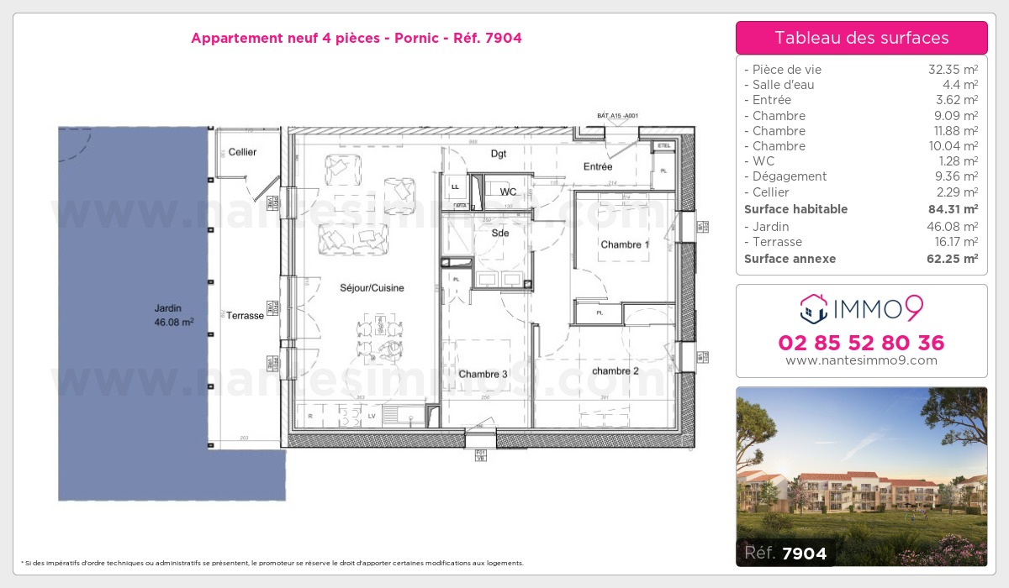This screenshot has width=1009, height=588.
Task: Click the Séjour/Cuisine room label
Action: tap(372, 288)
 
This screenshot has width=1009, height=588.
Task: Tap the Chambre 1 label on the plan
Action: tap(625, 244)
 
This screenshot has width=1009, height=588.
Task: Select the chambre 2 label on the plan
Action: tap(615, 370)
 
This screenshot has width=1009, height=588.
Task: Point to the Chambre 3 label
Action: tap(483, 374)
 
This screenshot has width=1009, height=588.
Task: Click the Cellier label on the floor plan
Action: tap(242, 152)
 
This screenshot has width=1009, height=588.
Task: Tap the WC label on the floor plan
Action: tap(508, 192)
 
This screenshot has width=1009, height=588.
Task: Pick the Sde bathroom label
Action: tap(500, 233)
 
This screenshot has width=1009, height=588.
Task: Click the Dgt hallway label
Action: tap(499, 154)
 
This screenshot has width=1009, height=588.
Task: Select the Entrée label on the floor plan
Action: tap(598, 166)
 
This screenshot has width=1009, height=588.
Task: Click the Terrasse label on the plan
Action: tap(245, 315)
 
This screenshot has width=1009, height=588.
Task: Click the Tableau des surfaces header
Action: tap(861, 38)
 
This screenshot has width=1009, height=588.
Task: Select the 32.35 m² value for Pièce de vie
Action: tap(952, 70)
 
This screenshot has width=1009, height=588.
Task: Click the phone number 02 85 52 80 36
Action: tap(861, 343)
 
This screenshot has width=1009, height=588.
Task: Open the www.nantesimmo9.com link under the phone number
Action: tap(861, 360)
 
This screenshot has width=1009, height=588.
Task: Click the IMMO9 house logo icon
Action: tap(814, 309)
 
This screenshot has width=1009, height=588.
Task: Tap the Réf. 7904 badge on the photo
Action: tap(785, 553)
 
